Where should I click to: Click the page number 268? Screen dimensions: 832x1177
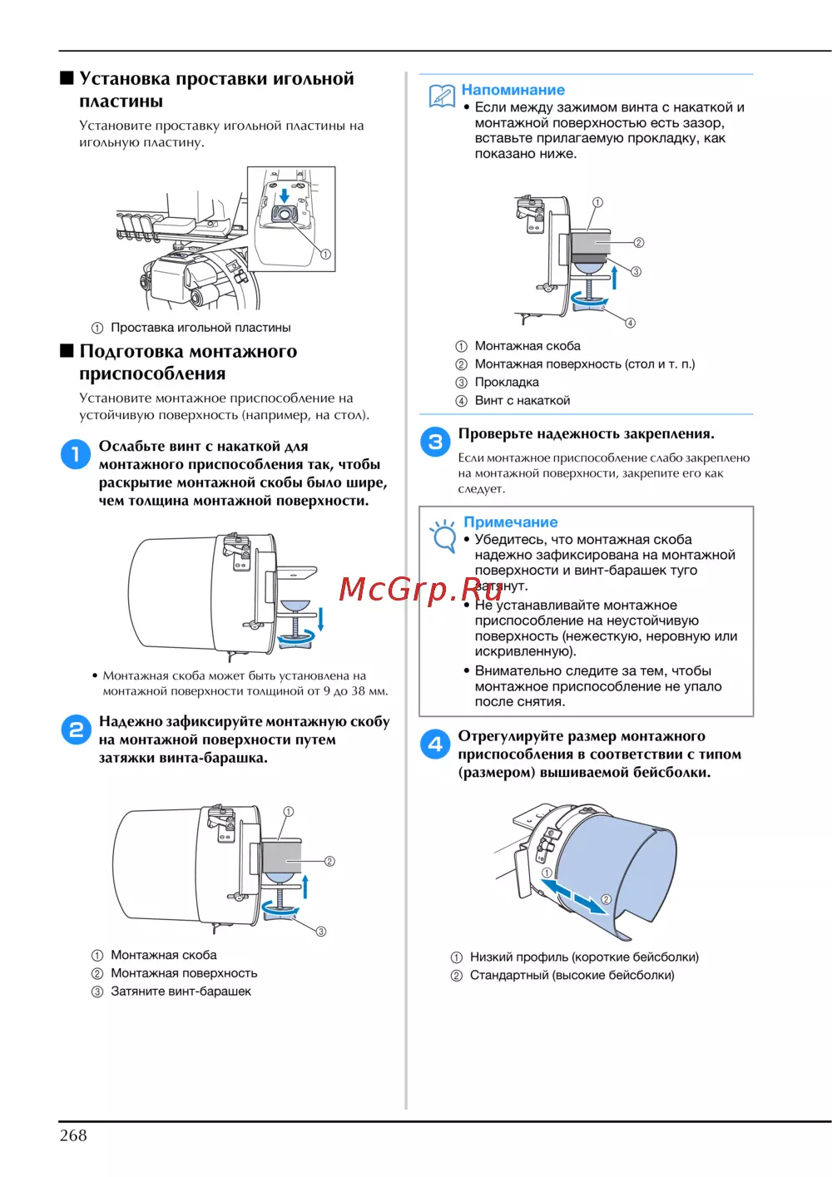pos(73,1135)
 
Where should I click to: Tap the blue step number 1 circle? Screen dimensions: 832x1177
pos(76,454)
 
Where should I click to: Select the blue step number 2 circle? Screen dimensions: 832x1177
pos(77,729)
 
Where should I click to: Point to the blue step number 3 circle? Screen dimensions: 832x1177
pos(435,442)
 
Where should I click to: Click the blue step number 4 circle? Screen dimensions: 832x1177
pos(435,744)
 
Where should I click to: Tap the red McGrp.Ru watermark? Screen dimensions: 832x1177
pos(420,589)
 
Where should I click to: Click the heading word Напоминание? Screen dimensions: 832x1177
pos(513,90)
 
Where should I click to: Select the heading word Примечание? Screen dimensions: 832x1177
pos(510,522)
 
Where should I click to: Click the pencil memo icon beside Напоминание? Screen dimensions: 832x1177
pos(442,96)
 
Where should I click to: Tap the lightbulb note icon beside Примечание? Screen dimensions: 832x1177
pos(443,536)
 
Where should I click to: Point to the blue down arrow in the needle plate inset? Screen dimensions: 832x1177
pos(285,195)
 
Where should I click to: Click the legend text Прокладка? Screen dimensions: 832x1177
pos(507,382)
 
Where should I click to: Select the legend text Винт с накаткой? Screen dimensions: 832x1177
pos(522,400)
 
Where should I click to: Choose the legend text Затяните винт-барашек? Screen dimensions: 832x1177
pos(181,991)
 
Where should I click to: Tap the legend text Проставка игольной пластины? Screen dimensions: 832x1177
pos(201,328)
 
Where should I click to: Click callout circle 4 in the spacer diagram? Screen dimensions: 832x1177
pos(630,323)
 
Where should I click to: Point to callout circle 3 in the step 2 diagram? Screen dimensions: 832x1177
pos(320,932)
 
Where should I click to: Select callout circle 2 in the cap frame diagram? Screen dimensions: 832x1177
pos(606,899)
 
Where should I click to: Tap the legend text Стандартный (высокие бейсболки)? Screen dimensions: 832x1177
pos(572,975)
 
